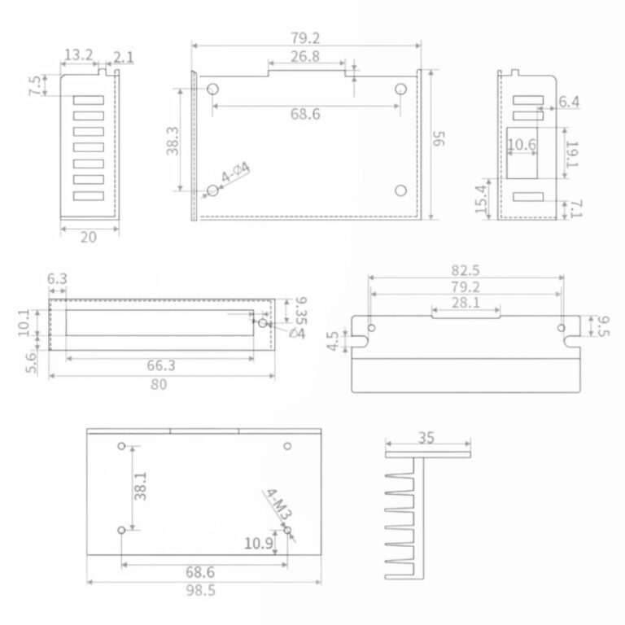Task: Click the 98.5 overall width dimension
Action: click(200, 590)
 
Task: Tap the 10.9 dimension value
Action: click(259, 544)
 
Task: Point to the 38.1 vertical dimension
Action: click(140, 486)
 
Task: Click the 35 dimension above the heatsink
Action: click(426, 438)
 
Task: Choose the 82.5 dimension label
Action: click(465, 271)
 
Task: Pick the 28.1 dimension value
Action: click(465, 303)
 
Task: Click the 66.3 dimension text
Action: click(160, 365)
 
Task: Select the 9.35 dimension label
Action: click(300, 311)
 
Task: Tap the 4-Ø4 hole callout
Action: click(235, 172)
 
